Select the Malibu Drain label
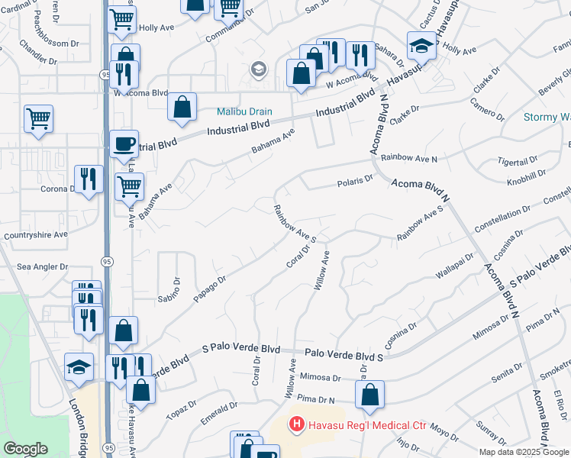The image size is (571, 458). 244,111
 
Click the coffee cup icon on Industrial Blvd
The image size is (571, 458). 123,143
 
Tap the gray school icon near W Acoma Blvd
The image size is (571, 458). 258,70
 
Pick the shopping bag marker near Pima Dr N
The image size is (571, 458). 369,394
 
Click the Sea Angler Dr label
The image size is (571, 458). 43,267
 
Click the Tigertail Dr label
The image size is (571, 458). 518,163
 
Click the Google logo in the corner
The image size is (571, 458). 25,449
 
